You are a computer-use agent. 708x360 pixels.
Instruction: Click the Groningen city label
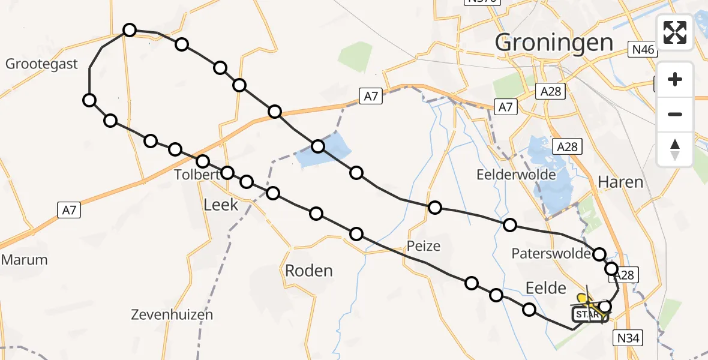pyautogui.click(x=554, y=43)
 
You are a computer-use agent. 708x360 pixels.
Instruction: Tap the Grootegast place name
pyautogui.click(x=42, y=64)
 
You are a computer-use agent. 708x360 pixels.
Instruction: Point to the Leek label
pyautogui.click(x=221, y=205)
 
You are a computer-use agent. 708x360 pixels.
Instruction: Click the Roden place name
pyautogui.click(x=308, y=271)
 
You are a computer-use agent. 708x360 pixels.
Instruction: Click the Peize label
pyautogui.click(x=423, y=245)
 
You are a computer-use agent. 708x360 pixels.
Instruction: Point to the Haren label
pyautogui.click(x=620, y=182)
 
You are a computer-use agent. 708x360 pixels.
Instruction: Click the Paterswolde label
pyautogui.click(x=551, y=253)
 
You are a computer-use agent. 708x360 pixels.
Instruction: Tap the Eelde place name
pyautogui.click(x=546, y=288)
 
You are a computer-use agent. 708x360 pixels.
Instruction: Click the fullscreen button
pyautogui.click(x=675, y=32)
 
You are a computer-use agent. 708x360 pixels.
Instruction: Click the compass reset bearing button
pyautogui.click(x=675, y=149)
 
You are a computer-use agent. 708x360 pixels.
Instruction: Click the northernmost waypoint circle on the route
pyautogui.click(x=130, y=29)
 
